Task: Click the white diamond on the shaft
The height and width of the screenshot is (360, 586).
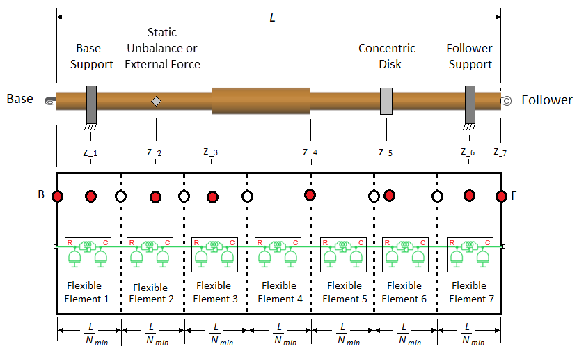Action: click(x=156, y=102)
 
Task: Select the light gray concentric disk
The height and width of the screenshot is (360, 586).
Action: click(x=386, y=102)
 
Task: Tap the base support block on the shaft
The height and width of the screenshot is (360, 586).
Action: click(x=91, y=104)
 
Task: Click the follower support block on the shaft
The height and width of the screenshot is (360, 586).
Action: click(x=470, y=104)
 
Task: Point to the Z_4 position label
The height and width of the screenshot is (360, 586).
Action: click(x=310, y=152)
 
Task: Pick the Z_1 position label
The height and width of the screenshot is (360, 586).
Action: click(x=89, y=152)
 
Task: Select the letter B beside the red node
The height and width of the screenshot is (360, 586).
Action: click(x=41, y=195)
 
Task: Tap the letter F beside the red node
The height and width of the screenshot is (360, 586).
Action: click(x=514, y=196)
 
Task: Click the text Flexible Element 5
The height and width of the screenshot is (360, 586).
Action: click(x=344, y=292)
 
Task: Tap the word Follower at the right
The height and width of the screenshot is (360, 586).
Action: click(x=547, y=100)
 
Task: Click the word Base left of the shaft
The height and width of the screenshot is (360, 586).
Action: click(x=19, y=99)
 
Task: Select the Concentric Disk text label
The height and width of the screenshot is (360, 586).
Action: click(x=386, y=56)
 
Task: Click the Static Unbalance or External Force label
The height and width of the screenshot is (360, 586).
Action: click(x=162, y=49)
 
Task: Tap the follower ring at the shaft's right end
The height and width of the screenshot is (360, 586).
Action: click(x=507, y=101)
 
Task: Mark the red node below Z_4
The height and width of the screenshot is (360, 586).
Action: click(x=310, y=194)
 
